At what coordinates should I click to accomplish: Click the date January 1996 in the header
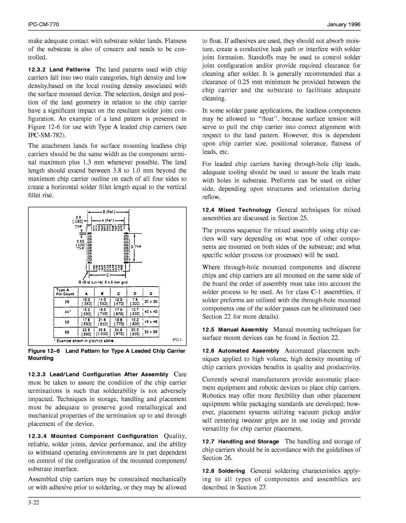coord(344,25)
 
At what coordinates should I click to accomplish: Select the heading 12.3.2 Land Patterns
coord(59,70)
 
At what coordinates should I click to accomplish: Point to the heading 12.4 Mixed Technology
coord(237,210)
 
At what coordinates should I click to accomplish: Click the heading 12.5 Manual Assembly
coord(235,330)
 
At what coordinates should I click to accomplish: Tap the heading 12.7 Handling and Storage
coord(240,441)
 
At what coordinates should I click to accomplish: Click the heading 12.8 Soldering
coord(223,471)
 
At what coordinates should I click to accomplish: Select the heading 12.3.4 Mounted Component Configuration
coord(93,436)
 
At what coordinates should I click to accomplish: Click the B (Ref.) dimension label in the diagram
coord(109,212)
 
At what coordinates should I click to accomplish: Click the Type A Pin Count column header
coord(65,292)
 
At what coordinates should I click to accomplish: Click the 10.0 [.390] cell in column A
coord(87,301)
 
